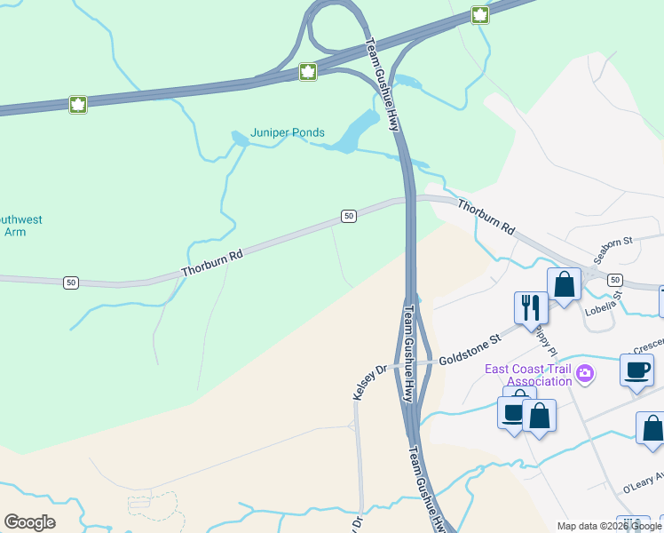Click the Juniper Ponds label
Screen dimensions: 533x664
[288, 133]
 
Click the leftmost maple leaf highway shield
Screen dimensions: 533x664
[78, 105]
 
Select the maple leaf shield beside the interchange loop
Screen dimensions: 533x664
[308, 72]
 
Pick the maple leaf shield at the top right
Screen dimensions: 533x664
[480, 14]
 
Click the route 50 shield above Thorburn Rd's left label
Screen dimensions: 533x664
[348, 216]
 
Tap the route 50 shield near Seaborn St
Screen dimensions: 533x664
[614, 280]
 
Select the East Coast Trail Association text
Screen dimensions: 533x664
[527, 375]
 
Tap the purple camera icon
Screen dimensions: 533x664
[584, 374]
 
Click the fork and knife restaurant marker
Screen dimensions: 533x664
[531, 307]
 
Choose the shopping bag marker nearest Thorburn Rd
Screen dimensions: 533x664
[564, 285]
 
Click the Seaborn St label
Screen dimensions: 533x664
[613, 246]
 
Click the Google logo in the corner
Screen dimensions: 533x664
[29, 522]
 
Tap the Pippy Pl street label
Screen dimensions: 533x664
[543, 338]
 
